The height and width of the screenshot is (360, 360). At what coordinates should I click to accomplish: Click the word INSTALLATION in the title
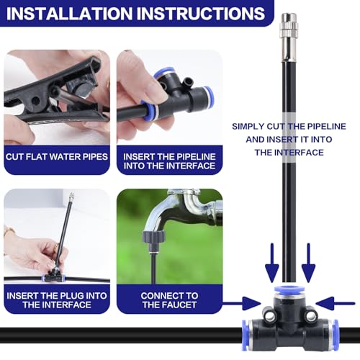pyautogui.click(x=69, y=14)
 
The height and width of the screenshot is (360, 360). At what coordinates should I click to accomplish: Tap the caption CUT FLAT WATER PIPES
pyautogui.click(x=57, y=157)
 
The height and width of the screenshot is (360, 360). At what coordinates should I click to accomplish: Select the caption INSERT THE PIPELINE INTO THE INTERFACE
pyautogui.click(x=169, y=161)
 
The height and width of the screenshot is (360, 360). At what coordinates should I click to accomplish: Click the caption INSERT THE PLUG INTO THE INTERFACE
pyautogui.click(x=57, y=300)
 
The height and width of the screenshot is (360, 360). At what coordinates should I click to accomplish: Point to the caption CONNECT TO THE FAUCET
pyautogui.click(x=169, y=300)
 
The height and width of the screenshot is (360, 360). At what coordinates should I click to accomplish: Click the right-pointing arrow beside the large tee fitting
pyautogui.click(x=242, y=303)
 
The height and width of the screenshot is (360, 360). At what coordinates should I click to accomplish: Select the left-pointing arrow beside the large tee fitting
pyautogui.click(x=336, y=303)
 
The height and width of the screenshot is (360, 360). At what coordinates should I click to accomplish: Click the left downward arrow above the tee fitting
pyautogui.click(x=272, y=263)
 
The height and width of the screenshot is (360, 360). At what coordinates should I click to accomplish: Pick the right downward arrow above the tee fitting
pyautogui.click(x=308, y=263)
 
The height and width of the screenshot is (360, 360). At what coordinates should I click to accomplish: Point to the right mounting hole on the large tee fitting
pyautogui.click(x=311, y=317)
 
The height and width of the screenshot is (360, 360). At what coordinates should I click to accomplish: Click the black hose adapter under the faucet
pyautogui.click(x=154, y=240)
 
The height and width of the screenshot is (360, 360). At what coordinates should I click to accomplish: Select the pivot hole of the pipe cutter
pyautogui.click(x=36, y=101)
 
